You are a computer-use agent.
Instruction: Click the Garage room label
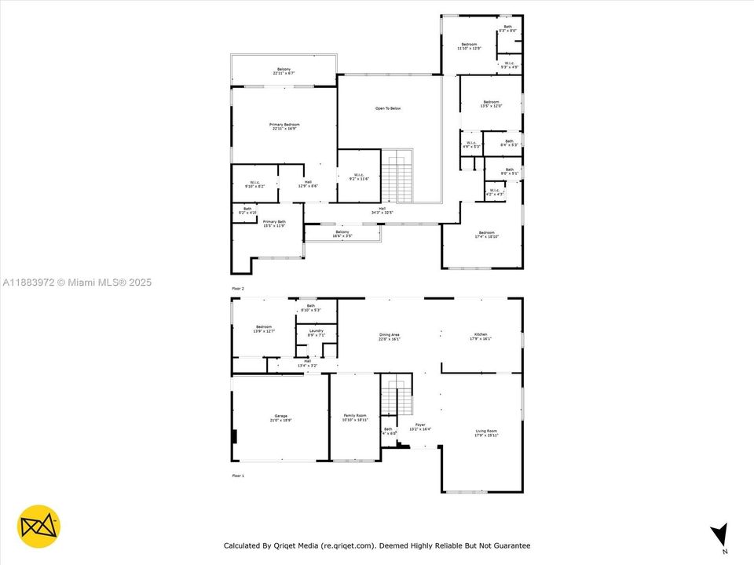click(280, 417)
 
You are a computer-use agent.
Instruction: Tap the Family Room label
click(355, 417)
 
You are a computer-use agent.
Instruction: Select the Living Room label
click(486, 432)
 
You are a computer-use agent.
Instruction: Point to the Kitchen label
click(480, 337)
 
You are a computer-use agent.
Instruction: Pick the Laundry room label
click(316, 333)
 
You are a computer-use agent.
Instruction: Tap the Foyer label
click(420, 427)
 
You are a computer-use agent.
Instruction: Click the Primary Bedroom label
click(284, 126)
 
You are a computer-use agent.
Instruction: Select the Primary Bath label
click(274, 224)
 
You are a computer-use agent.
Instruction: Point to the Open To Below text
click(388, 108)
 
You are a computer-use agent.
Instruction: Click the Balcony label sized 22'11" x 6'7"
click(284, 71)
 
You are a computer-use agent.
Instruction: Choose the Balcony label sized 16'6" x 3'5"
click(342, 233)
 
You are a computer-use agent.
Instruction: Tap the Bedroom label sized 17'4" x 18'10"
click(487, 234)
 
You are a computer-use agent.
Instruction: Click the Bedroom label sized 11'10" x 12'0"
click(469, 46)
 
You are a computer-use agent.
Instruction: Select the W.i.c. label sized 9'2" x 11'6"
click(358, 177)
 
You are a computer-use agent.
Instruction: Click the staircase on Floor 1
click(396, 395)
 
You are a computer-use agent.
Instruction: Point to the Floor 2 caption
click(238, 289)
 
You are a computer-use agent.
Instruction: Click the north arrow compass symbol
click(718, 535)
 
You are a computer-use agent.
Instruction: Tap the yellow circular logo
click(38, 526)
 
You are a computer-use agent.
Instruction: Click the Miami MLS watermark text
click(76, 282)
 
